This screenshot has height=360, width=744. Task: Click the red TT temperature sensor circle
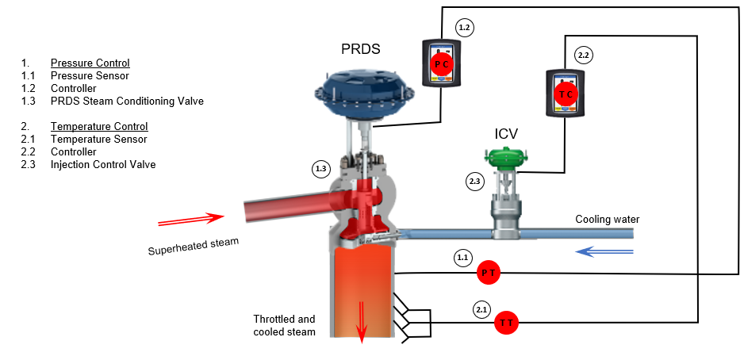pos(507,323)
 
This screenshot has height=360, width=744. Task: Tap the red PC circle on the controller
pos(440,63)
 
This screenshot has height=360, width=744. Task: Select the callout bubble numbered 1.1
pos(462,258)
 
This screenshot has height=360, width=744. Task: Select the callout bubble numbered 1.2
pos(465,28)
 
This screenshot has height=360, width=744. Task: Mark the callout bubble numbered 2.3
pos(474,182)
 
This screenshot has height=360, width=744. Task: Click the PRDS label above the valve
pos(360,49)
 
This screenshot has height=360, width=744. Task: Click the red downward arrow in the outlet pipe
pos(363,323)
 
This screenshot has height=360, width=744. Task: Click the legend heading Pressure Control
pos(90,63)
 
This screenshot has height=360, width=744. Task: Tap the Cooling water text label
pos(607,219)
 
